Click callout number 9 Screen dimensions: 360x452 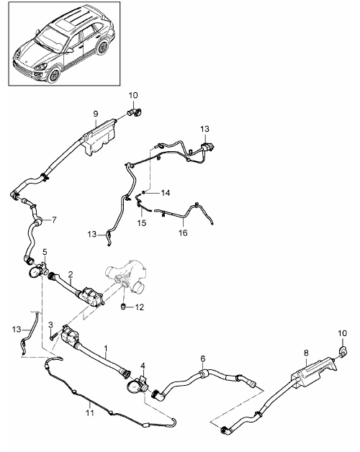pos(96,114)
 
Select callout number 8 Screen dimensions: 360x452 pos(306,353)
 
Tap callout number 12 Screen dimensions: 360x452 pos(140,307)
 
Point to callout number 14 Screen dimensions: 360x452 pos(166,193)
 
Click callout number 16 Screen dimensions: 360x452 pos(183,232)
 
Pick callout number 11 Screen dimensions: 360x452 pos(90,413)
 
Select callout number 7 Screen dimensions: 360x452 pos(54,220)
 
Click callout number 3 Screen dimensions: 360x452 pos(51,325)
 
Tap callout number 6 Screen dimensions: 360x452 pos(203,359)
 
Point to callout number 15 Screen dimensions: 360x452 pos(142,223)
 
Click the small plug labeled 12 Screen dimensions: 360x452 pos(123,307)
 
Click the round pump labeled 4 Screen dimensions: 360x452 pos(135,386)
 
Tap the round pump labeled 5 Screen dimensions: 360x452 pos(37,271)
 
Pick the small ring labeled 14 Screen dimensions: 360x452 pos(144,192)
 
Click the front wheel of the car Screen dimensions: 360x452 pos(53,75)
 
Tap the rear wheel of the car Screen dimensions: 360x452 pos(102,48)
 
